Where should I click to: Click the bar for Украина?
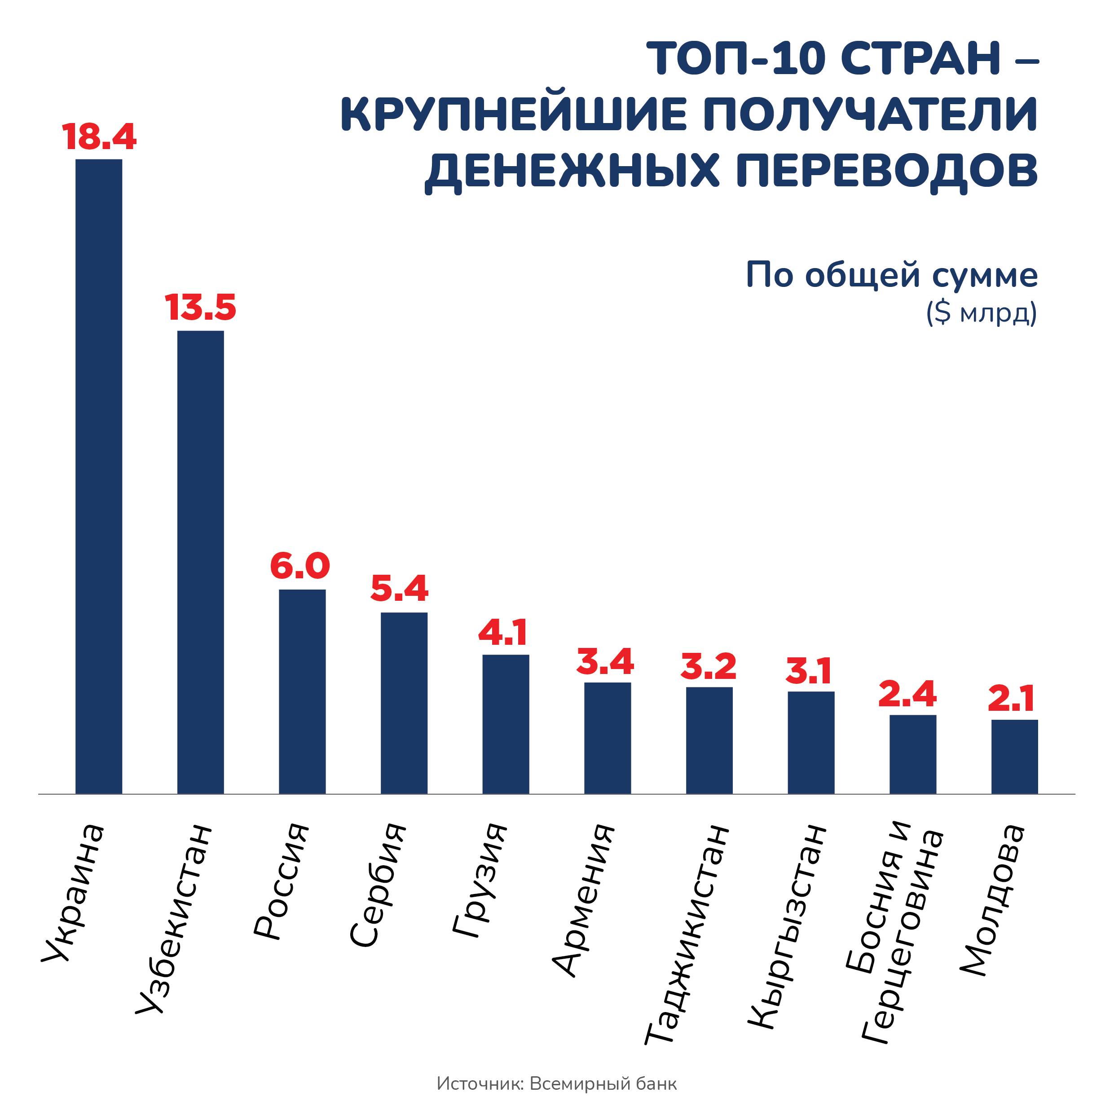click(x=99, y=476)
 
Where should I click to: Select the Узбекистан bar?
click(x=201, y=562)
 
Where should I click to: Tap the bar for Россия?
click(x=302, y=691)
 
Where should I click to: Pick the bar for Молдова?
click(x=1014, y=757)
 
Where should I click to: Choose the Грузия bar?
click(x=506, y=724)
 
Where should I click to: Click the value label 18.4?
click(x=99, y=137)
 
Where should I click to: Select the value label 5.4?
click(x=400, y=589)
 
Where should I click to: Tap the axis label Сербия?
click(x=378, y=885)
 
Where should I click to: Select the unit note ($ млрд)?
click(x=982, y=313)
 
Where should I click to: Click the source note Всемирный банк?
click(x=603, y=1084)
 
